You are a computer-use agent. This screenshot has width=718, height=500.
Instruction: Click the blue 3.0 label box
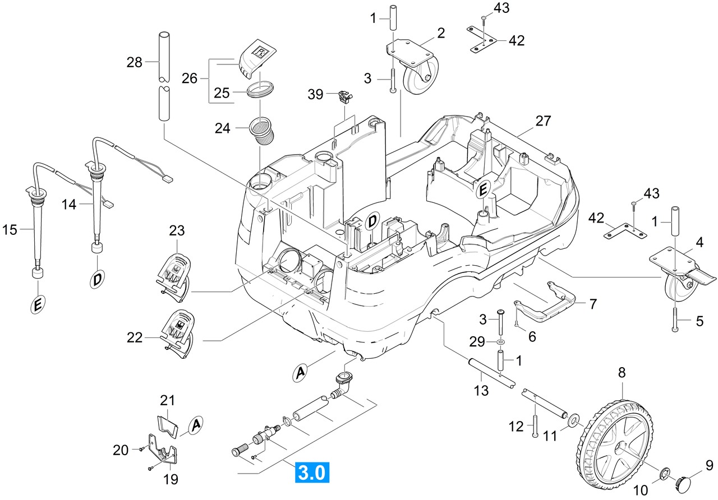tap(312, 472)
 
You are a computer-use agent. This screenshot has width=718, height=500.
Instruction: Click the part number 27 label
tap(543, 121)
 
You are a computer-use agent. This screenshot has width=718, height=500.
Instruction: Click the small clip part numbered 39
tap(345, 97)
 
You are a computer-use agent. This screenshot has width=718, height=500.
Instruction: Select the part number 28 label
tap(134, 62)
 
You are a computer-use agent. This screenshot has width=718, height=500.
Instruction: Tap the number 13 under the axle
tap(481, 391)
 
